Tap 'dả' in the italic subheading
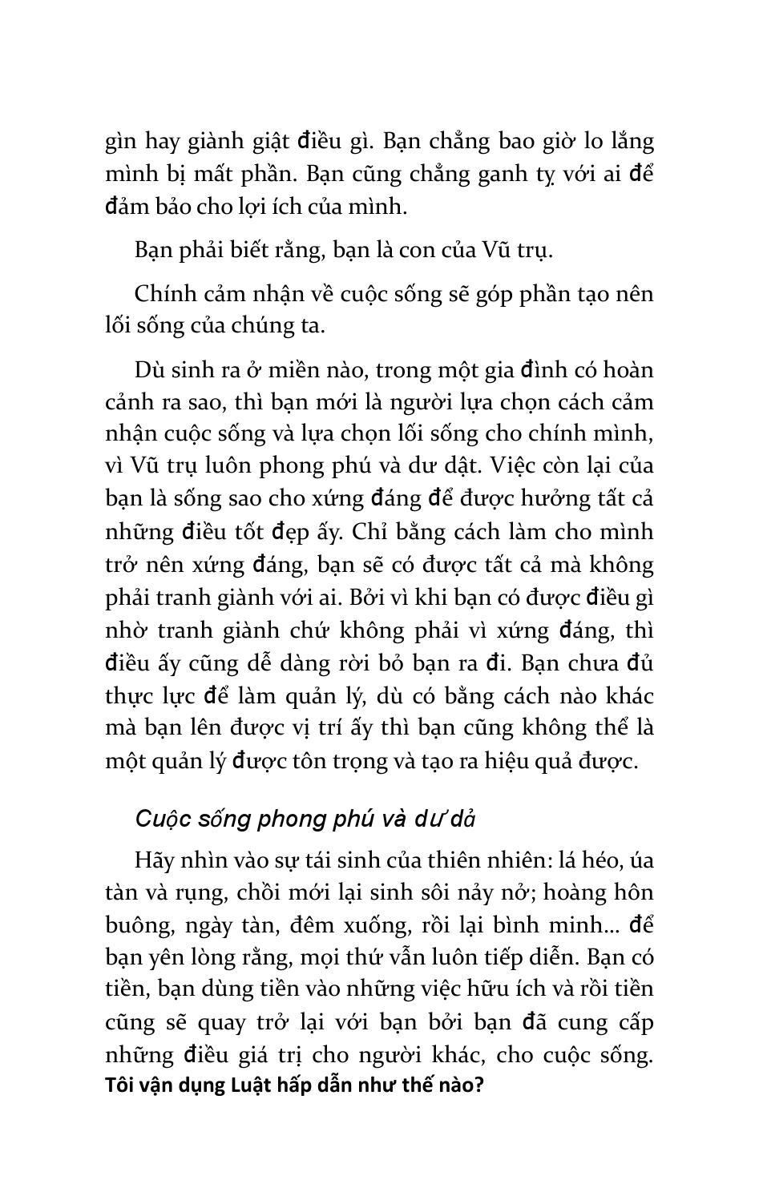coord(464,819)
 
